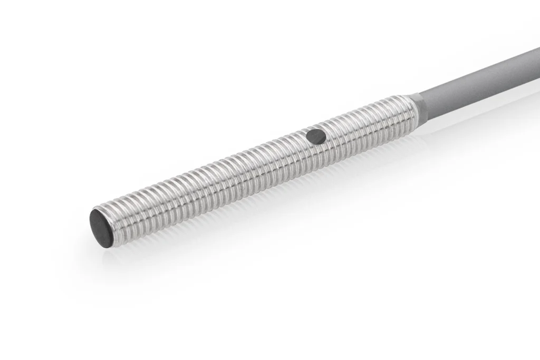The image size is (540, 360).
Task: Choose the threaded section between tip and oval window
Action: pyautogui.click(x=211, y=179)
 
